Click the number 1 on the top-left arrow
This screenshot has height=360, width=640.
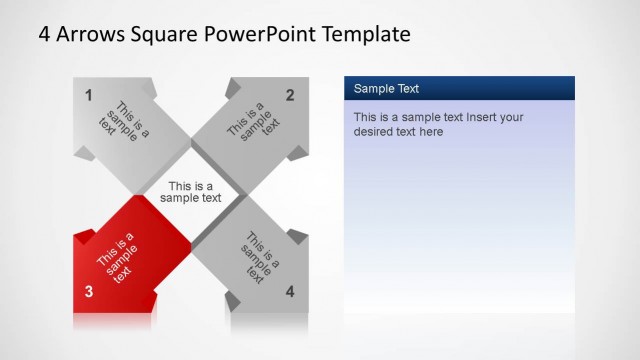pyautogui.click(x=89, y=96)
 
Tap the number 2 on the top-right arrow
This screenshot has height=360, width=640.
pyautogui.click(x=290, y=96)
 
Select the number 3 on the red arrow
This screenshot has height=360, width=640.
pyautogui.click(x=89, y=292)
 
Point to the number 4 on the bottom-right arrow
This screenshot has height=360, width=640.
pyautogui.click(x=290, y=292)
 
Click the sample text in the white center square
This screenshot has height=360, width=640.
pyautogui.click(x=191, y=192)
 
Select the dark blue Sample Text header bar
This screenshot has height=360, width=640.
pyautogui.click(x=459, y=88)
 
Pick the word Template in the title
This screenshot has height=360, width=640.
pyautogui.click(x=365, y=34)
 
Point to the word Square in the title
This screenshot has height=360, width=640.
pyautogui.click(x=165, y=34)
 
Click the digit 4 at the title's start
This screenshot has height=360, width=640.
pyautogui.click(x=45, y=34)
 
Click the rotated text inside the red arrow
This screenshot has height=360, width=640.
pyautogui.click(x=119, y=258)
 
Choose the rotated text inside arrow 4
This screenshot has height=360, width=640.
pyautogui.click(x=259, y=258)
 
